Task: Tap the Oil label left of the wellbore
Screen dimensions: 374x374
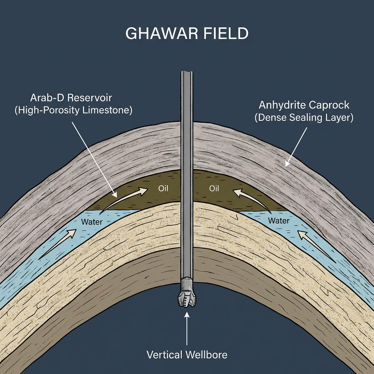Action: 163,189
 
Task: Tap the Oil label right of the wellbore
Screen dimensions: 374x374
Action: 214,189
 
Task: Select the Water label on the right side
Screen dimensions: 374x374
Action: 278,221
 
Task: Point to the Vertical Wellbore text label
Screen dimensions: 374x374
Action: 187,354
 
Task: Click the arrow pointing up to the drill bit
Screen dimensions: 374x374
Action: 187,329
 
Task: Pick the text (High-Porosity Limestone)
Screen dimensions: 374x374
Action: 73,110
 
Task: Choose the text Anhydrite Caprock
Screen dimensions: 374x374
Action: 304,105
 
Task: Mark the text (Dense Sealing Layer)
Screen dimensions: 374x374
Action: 304,118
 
